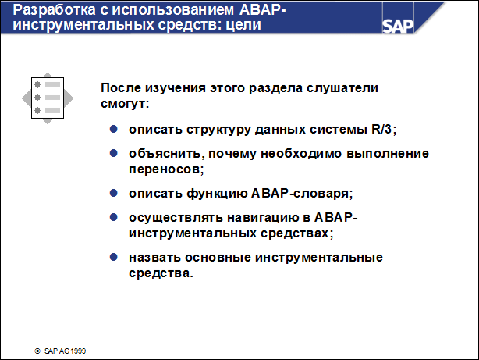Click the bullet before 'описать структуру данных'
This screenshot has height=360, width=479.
coord(113,127)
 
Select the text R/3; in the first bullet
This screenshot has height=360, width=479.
coord(391,128)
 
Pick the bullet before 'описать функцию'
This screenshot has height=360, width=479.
coord(113,191)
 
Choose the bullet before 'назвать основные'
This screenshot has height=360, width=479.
coord(113,258)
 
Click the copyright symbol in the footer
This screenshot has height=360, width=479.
coord(36,351)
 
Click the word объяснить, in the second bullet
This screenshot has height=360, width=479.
coord(164,154)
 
